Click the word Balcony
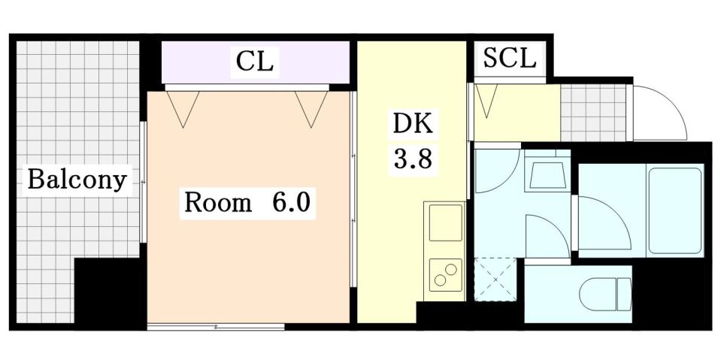(76, 180)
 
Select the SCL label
(509, 58)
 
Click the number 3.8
(413, 160)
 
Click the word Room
(218, 202)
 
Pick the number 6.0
(291, 202)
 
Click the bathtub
(675, 210)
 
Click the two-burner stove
(444, 274)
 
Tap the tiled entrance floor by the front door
(594, 113)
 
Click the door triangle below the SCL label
(487, 100)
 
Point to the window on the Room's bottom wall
(216, 326)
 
